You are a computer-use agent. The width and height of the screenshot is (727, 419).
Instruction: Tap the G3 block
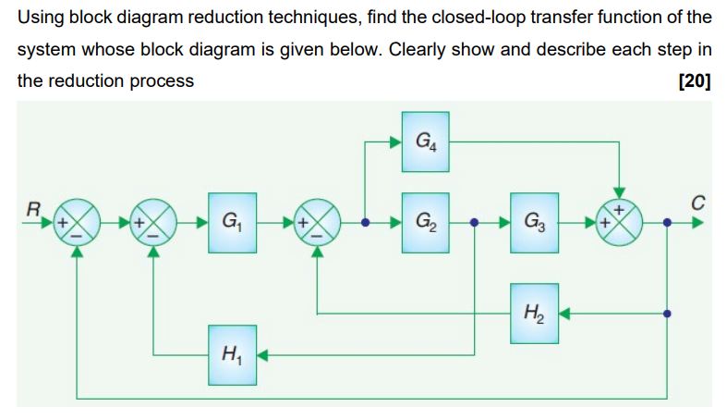click(534, 223)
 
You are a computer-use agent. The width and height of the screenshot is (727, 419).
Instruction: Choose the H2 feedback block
click(534, 314)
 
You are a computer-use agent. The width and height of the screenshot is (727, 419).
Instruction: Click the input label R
click(33, 209)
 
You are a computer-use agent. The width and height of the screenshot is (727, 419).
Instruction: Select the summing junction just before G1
click(155, 223)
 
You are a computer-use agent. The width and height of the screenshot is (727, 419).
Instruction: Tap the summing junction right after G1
click(317, 223)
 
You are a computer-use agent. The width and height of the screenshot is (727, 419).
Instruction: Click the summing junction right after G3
click(621, 223)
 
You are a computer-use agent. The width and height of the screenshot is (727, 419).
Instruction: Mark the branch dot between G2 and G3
click(475, 223)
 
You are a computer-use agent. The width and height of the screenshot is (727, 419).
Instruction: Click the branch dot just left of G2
click(366, 223)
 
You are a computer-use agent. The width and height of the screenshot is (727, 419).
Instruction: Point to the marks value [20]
click(694, 80)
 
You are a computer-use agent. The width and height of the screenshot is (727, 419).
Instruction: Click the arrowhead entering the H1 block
click(261, 353)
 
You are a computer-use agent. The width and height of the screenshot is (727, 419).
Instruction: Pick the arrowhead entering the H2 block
click(563, 314)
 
